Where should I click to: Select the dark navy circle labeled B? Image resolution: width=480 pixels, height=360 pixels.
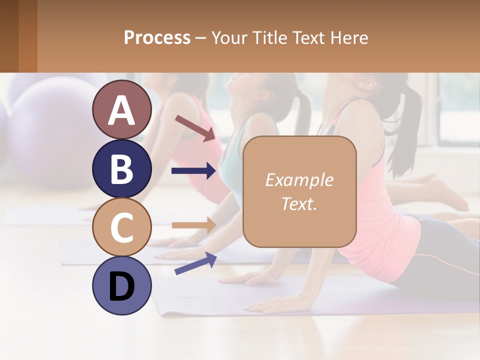pos(121,168)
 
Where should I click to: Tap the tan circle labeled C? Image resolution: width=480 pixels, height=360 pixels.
pos(121,227)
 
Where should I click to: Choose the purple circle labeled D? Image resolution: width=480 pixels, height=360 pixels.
pos(121,286)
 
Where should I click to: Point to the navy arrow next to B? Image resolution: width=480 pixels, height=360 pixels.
pos(193,171)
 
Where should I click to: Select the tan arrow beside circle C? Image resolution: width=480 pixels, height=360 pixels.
pos(193,225)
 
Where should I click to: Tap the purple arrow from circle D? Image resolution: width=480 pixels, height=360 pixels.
pos(195,264)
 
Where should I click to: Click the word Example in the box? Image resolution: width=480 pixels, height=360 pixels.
pos(299,180)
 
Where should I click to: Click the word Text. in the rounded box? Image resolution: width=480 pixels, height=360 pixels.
pos(299,203)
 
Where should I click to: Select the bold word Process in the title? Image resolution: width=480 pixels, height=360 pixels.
pos(157,37)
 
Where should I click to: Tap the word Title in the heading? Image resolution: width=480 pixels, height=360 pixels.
pos(268,37)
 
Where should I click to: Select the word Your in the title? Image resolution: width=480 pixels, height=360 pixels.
pos(229,37)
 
